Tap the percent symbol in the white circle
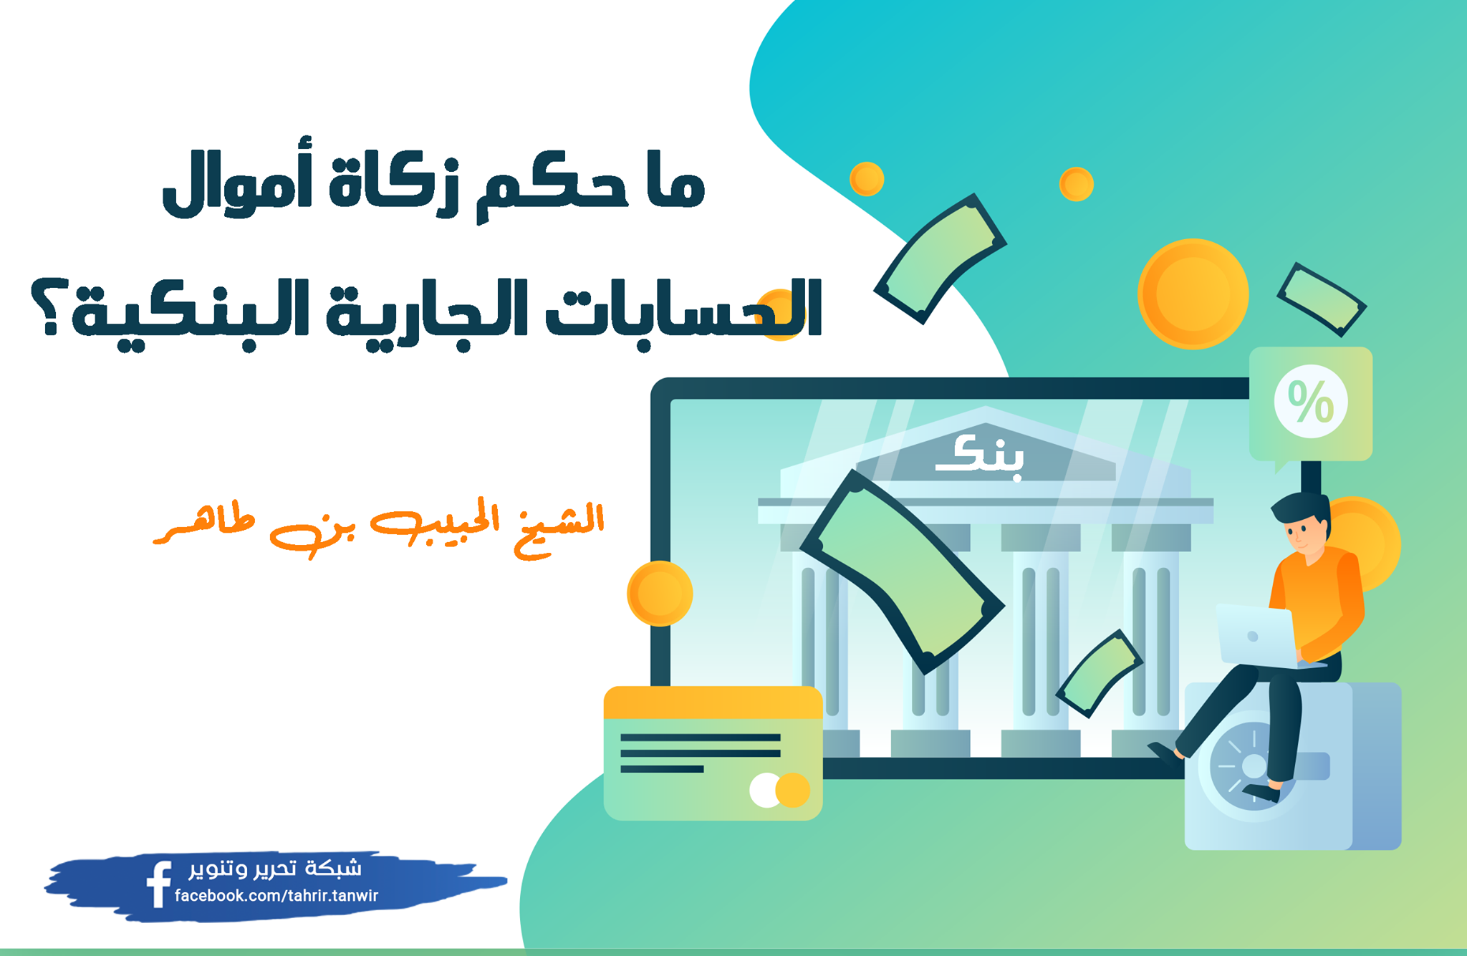(1310, 402)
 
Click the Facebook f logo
(158, 884)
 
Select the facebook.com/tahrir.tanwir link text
(276, 896)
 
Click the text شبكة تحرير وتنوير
(275, 868)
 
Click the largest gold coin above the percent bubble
(1193, 294)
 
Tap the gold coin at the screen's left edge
(660, 594)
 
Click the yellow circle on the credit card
(793, 790)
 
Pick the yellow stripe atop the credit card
(713, 702)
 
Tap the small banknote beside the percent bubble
(1322, 299)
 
